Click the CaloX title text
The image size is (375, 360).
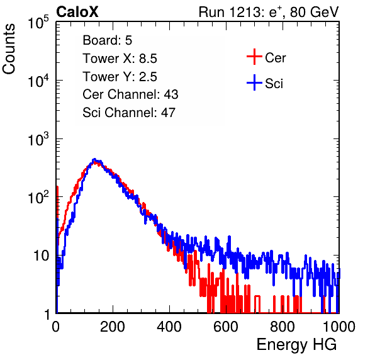(77, 12)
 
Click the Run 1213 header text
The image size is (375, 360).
(269, 12)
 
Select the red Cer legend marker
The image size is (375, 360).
(254, 57)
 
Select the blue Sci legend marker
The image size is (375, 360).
(254, 82)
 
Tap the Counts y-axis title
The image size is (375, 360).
(9, 49)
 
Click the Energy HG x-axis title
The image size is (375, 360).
(296, 345)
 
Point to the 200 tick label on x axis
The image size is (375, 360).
(113, 327)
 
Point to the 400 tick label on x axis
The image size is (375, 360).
(169, 327)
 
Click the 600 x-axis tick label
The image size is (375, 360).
(226, 327)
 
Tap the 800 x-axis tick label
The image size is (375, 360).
(283, 327)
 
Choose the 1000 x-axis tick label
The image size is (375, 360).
(339, 327)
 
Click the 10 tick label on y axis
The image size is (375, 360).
(41, 256)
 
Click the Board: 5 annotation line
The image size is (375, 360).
(108, 40)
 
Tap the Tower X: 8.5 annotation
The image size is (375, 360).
(120, 59)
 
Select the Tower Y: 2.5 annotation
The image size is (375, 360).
(120, 77)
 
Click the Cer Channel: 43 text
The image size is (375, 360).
(130, 94)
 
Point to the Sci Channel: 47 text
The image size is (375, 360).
(129, 113)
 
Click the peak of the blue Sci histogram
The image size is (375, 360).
(94, 159)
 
